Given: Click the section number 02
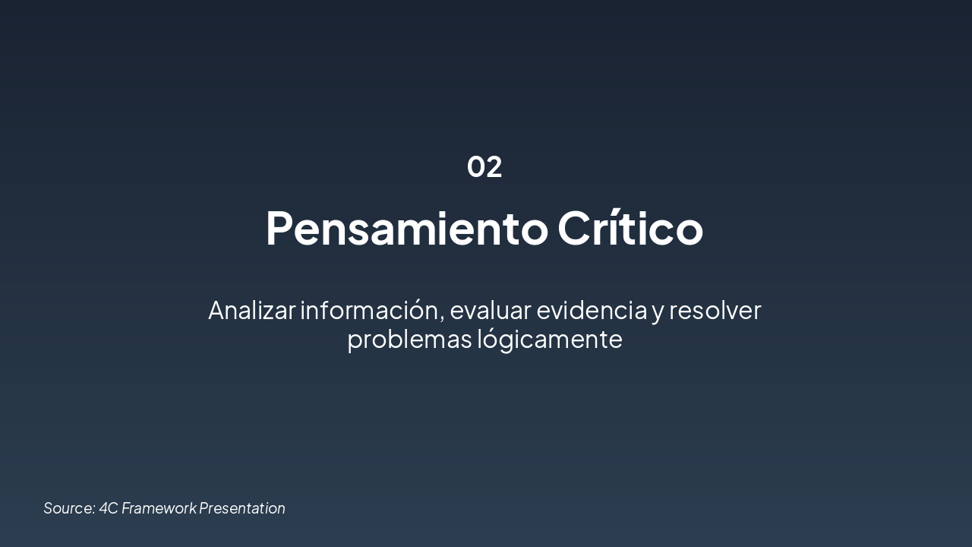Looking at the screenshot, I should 484,166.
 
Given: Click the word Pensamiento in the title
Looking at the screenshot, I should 406,228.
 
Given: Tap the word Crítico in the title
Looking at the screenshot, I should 630,228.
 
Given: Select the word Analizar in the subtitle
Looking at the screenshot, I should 251,310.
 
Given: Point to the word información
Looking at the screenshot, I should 369,310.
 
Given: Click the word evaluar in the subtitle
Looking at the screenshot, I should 490,310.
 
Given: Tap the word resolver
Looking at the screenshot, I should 715,310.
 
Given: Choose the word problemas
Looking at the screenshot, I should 409,339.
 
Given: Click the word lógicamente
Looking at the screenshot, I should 550,339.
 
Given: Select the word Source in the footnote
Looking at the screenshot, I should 68,508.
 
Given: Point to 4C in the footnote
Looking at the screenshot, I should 109,508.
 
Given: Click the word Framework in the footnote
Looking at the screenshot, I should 159,508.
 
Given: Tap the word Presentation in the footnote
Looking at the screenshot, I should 242,508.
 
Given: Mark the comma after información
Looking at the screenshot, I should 442,318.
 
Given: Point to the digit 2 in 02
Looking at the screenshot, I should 494,166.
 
